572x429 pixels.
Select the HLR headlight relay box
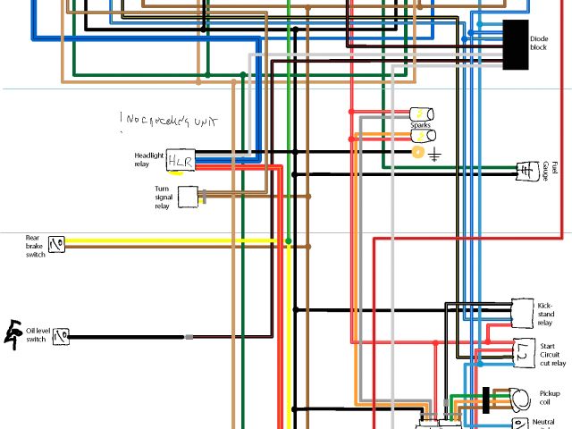click(x=180, y=159)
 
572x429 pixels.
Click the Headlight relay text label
click(x=150, y=159)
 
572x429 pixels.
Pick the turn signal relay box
click(x=188, y=197)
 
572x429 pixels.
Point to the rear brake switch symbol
click(x=58, y=243)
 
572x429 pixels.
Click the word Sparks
click(x=420, y=125)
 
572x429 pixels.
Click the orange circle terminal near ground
click(x=417, y=153)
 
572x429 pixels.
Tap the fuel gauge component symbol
click(x=526, y=170)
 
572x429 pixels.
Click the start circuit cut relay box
click(x=525, y=353)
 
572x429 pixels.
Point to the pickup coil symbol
click(x=517, y=397)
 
